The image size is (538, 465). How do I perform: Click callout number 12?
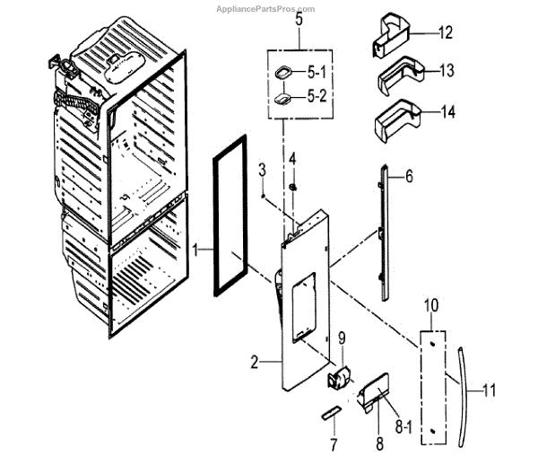click(446, 33)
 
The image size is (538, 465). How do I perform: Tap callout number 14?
click(447, 112)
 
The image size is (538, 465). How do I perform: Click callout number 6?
click(409, 178)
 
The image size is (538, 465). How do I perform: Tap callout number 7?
click(332, 444)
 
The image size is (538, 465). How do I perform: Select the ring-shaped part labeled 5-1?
click(284, 73)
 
